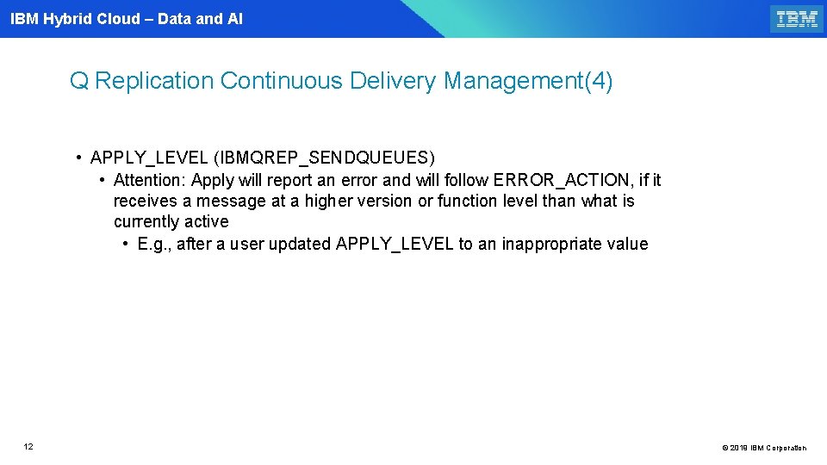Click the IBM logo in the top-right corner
coord(797,19)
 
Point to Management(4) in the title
coord(528,81)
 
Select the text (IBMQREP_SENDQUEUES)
coord(325,158)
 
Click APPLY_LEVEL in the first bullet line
coord(148,158)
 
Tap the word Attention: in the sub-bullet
coord(150,180)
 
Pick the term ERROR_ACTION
coord(563,180)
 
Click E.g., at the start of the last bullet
coord(155,244)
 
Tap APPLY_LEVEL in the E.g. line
coord(395,244)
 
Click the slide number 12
coord(28,447)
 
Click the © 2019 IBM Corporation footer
coord(763,448)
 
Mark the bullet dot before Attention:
coord(102,180)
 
